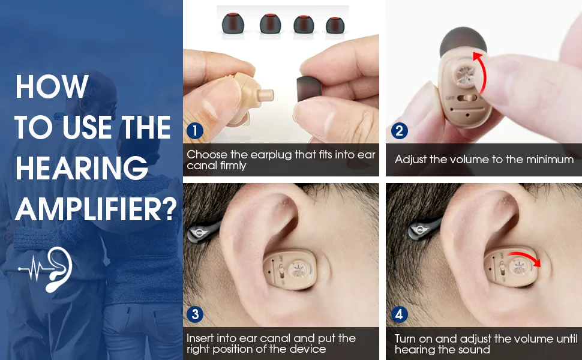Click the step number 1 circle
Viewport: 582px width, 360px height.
pos(195,131)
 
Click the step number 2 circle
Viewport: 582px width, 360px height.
pos(400,131)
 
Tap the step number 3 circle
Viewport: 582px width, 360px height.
pos(195,314)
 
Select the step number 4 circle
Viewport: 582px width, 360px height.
pos(400,314)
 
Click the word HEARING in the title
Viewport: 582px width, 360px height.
pos(82,168)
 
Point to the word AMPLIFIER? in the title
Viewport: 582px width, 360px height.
pos(96,209)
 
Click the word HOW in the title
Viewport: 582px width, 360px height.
pos(52,86)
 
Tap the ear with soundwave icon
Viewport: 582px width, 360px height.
pos(45,269)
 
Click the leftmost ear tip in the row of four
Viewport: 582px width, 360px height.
pos(233,24)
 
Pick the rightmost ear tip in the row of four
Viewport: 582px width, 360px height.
pos(335,25)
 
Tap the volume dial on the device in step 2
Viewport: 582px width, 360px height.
pos(465,76)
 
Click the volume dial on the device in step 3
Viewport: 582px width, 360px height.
pos(299,270)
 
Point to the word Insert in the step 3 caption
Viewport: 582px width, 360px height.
pos(200,338)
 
